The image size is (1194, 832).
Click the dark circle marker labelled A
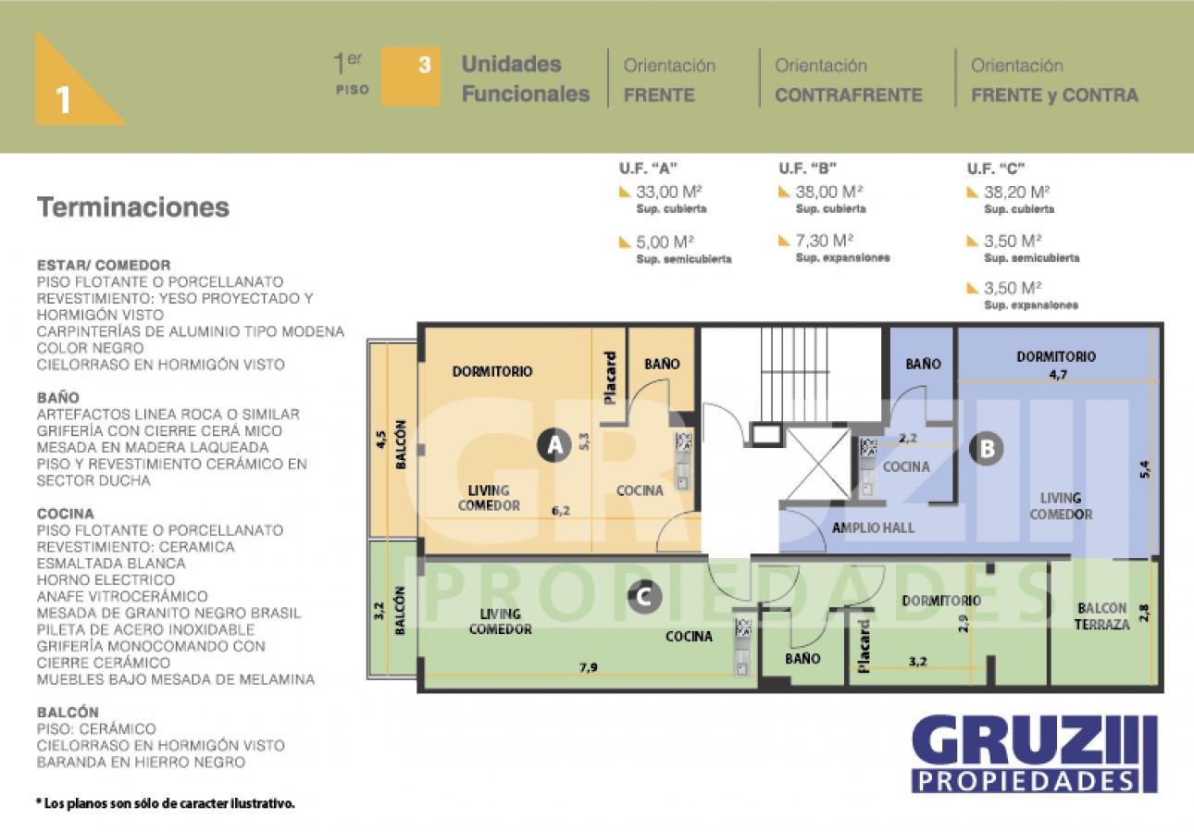coord(554,444)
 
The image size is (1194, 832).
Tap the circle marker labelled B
coord(986,448)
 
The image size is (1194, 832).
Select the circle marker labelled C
coord(644,596)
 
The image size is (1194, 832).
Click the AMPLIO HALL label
coord(873,528)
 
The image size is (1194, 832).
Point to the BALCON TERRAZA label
coord(1101,616)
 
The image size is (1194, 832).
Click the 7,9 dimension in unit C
coord(589,666)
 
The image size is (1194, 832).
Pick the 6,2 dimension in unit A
coord(561,511)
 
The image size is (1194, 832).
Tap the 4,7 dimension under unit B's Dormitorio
coord(1058,375)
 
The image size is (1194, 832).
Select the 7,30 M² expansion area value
coord(824,241)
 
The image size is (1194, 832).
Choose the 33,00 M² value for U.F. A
coord(668,192)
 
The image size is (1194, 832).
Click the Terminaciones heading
coord(133,207)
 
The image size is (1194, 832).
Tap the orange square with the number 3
coord(411,77)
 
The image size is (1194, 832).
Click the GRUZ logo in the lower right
coord(1035,753)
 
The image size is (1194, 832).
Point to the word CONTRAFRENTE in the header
coord(849,95)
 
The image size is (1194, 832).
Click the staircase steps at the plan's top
coord(794,374)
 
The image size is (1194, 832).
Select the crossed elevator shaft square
coord(819,465)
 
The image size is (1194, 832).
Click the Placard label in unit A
coord(610,378)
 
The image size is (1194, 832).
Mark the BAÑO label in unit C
coord(802,659)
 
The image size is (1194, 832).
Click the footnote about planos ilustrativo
coord(166,803)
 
